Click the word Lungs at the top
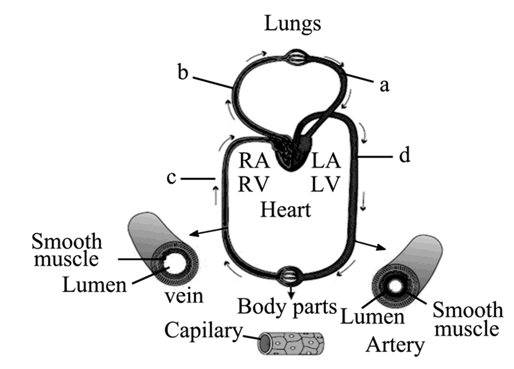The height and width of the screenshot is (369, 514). point(292,24)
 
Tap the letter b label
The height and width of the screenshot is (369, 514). point(183,72)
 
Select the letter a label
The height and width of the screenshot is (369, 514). point(384,85)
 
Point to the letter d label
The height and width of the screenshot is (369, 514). point(404,156)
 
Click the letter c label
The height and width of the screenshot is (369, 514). point(171,178)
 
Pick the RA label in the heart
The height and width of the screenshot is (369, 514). point(254,160)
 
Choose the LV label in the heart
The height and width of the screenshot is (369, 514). point(325,184)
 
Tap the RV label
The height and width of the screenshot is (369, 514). point(253,184)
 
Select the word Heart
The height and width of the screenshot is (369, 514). point(285,210)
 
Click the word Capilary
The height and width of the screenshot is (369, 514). point(203,331)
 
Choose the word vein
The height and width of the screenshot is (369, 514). point(184,296)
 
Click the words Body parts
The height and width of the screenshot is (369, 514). point(287,307)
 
